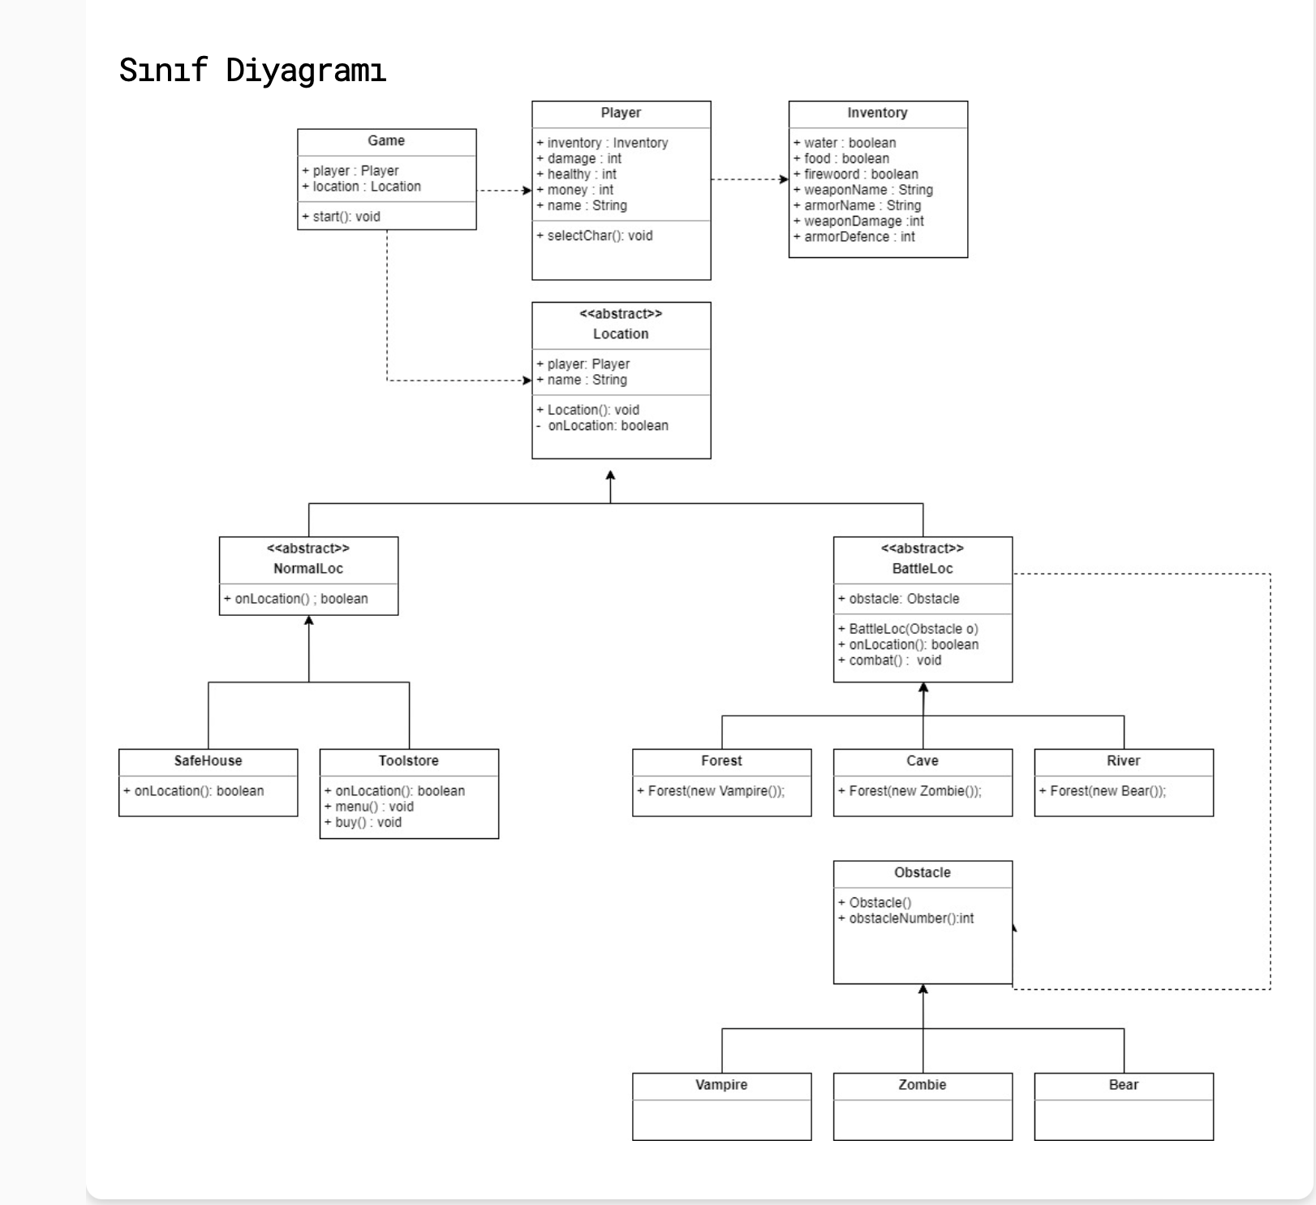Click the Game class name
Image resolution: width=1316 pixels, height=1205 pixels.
[x=386, y=141]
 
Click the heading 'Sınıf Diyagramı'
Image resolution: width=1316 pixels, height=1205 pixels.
[x=252, y=71]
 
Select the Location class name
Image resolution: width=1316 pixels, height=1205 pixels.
[x=621, y=334]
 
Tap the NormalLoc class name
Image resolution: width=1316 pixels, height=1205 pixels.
[x=308, y=569]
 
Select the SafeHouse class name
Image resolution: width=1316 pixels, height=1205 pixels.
[x=208, y=761]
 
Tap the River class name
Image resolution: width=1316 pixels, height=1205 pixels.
[x=1124, y=761]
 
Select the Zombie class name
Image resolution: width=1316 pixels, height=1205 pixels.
[x=922, y=1085]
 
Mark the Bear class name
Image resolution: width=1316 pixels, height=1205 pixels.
[x=1124, y=1085]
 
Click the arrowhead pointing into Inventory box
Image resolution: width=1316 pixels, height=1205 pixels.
[x=784, y=179]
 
